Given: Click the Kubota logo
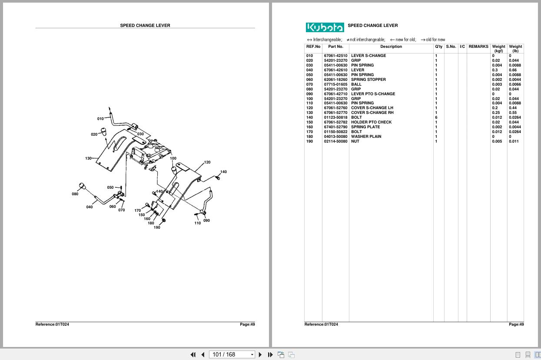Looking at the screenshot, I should pos(325,27).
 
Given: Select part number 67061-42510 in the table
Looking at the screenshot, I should pos(335,56).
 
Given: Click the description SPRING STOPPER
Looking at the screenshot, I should pos(368,80).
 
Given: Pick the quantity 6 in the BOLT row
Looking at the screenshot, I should pos(436,117).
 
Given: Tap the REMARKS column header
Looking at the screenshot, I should pos(478,47).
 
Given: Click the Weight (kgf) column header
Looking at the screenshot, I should pos(498,48).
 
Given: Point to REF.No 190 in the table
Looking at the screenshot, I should pos(309,141).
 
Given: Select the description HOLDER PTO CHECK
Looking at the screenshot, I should pos(371,122).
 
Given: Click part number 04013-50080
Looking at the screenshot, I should pos(335,137).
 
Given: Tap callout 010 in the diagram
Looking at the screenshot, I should pos(100,119).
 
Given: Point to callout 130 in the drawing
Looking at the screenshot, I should pos(88,158).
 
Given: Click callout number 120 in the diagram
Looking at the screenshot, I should pos(207,162).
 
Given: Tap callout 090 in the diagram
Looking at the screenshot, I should pos(206,220).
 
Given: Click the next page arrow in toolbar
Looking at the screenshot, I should pos(260,354).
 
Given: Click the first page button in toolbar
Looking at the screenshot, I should pos(193,354).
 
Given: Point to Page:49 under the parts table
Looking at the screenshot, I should pos(516,324).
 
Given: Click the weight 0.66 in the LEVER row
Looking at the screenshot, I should pos(513,70).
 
